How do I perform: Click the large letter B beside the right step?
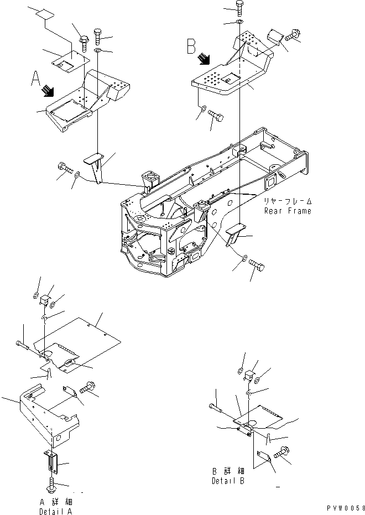click(191, 45)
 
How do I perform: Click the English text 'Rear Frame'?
click(287, 211)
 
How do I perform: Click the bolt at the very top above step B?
click(239, 8)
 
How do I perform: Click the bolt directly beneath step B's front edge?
click(216, 117)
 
